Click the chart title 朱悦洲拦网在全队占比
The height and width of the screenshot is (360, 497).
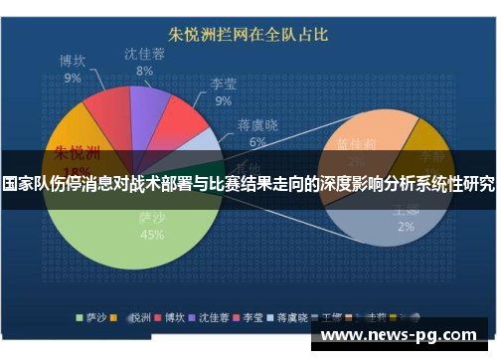(x=249, y=35)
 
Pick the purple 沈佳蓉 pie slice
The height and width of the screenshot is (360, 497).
(x=148, y=103)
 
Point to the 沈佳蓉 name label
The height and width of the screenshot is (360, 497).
(x=145, y=54)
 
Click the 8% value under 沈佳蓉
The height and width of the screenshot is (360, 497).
(x=145, y=72)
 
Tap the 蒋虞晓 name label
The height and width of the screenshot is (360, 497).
(x=257, y=125)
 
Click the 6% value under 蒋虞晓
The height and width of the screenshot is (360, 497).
(x=257, y=142)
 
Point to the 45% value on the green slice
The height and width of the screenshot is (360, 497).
(x=152, y=235)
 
